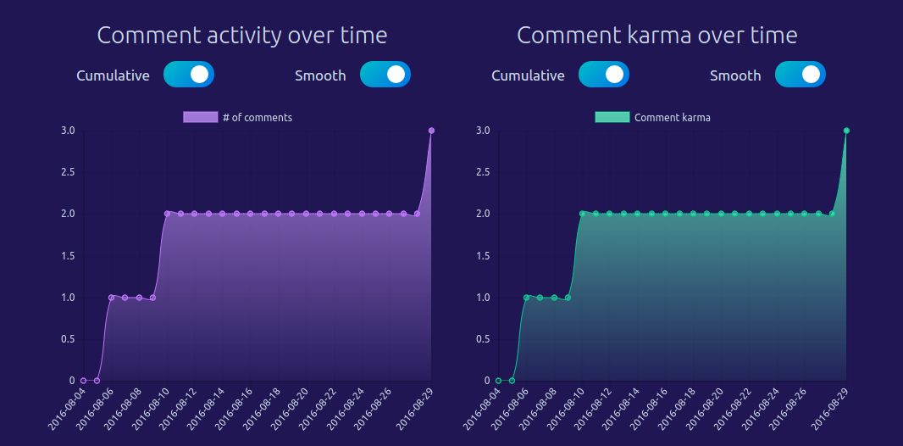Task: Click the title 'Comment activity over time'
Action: tap(241, 36)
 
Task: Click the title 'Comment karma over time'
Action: tap(656, 36)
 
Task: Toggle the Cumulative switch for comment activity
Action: tap(189, 75)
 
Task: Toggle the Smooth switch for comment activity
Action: tap(385, 75)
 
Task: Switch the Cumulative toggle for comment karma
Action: tap(604, 75)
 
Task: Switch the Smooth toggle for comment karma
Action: tap(801, 75)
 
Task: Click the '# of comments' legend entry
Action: tap(238, 118)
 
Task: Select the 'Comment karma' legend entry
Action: tap(653, 118)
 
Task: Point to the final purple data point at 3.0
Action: tap(431, 131)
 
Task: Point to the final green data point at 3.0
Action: tap(846, 131)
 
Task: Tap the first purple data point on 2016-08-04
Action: tap(83, 381)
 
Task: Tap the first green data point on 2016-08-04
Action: tap(498, 381)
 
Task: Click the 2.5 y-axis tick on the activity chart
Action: tap(68, 172)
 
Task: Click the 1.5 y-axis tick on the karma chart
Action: tap(483, 256)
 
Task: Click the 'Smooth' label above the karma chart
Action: tap(735, 75)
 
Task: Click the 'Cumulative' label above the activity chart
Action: tap(113, 75)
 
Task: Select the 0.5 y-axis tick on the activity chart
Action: tap(68, 339)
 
